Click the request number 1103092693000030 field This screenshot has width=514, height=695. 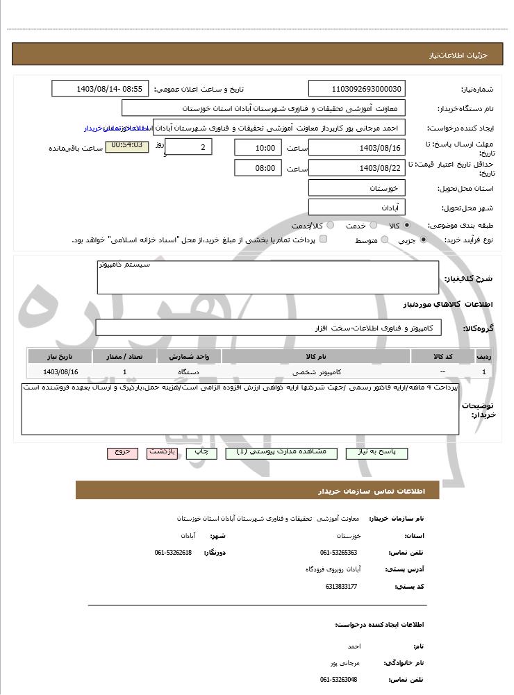pos(356,89)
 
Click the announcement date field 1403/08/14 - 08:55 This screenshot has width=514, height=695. pos(100,89)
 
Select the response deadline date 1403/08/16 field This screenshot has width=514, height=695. pos(356,148)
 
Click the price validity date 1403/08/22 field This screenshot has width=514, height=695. pos(356,168)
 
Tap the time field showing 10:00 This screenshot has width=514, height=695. pos(258,148)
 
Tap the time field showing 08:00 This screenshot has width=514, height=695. pos(258,168)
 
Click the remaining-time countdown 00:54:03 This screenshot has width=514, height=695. pos(126,146)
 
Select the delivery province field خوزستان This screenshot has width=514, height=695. pos(356,188)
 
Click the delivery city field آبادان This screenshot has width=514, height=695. pos(356,208)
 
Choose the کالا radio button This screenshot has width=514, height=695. pos(407,226)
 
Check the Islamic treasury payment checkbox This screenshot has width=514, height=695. pos(323,240)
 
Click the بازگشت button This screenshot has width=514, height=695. pos(163,453)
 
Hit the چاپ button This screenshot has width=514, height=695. pos(201,453)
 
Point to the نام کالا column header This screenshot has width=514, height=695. pos(316,356)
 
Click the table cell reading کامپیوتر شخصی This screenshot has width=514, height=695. pos(316,372)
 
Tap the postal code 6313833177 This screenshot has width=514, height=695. pos(341,587)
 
